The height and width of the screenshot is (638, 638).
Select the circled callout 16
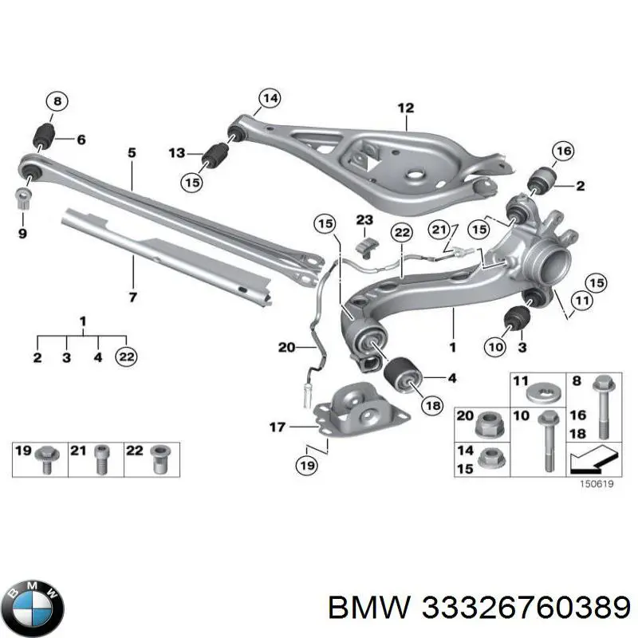563,152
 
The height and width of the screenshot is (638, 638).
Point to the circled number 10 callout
494,346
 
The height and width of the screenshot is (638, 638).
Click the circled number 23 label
364,220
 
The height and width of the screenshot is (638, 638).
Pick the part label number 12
406,108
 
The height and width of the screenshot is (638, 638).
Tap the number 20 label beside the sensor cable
286,347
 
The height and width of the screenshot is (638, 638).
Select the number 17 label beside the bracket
277,428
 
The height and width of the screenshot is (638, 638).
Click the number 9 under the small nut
22,234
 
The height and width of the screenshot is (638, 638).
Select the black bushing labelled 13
214,154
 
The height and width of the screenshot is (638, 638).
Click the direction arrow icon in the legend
590,460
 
